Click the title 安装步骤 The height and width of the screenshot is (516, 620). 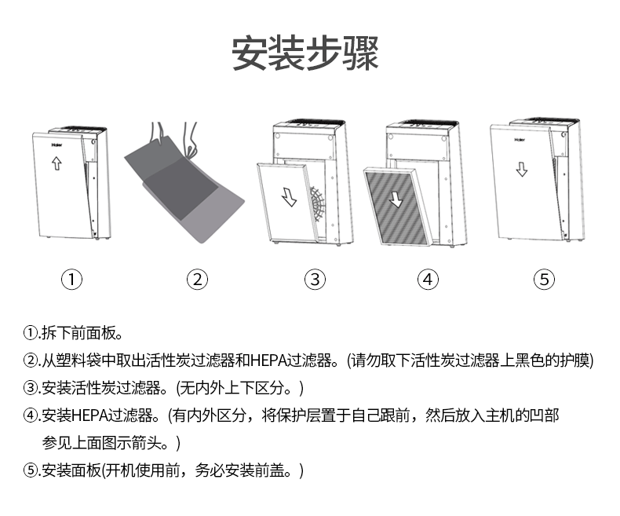[305, 54]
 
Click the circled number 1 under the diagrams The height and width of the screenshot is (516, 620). [72, 279]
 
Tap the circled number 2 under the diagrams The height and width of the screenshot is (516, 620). [196, 279]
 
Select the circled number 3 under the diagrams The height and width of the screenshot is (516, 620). [315, 279]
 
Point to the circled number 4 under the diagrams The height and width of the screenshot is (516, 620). [428, 279]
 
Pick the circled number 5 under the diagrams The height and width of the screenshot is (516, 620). [544, 279]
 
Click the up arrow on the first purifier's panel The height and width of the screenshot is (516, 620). [56, 163]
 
